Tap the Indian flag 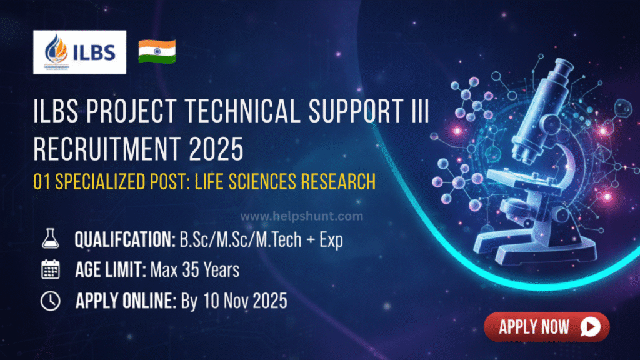coord(157,51)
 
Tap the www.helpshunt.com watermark coord(302,216)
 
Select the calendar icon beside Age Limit coord(49,270)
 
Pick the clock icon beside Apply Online coord(49,301)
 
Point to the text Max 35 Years coord(194,271)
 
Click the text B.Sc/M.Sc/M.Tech coord(244,240)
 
